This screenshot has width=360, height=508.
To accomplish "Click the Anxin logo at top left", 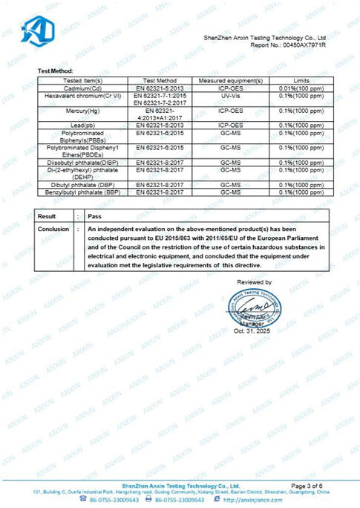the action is pyautogui.click(x=38, y=30).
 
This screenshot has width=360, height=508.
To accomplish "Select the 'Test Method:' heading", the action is pyautogui.click(x=56, y=71).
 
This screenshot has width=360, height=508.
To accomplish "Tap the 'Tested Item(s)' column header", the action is pyautogui.click(x=82, y=79).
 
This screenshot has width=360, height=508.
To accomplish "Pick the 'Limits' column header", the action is pyautogui.click(x=301, y=79).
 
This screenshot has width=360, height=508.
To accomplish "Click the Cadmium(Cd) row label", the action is pyautogui.click(x=82, y=88).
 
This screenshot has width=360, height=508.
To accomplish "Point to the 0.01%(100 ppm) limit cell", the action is pyautogui.click(x=301, y=88).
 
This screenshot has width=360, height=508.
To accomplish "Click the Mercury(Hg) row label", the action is pyautogui.click(x=82, y=109).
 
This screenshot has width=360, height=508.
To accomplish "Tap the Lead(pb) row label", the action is pyautogui.click(x=82, y=125).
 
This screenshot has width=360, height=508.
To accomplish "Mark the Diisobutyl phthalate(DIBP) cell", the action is pyautogui.click(x=82, y=161).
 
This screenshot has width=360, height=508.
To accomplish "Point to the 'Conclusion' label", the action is pyautogui.click(x=53, y=229).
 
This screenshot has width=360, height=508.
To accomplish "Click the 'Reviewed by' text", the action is pyautogui.click(x=254, y=282).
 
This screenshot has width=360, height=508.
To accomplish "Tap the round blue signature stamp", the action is pyautogui.click(x=257, y=309).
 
